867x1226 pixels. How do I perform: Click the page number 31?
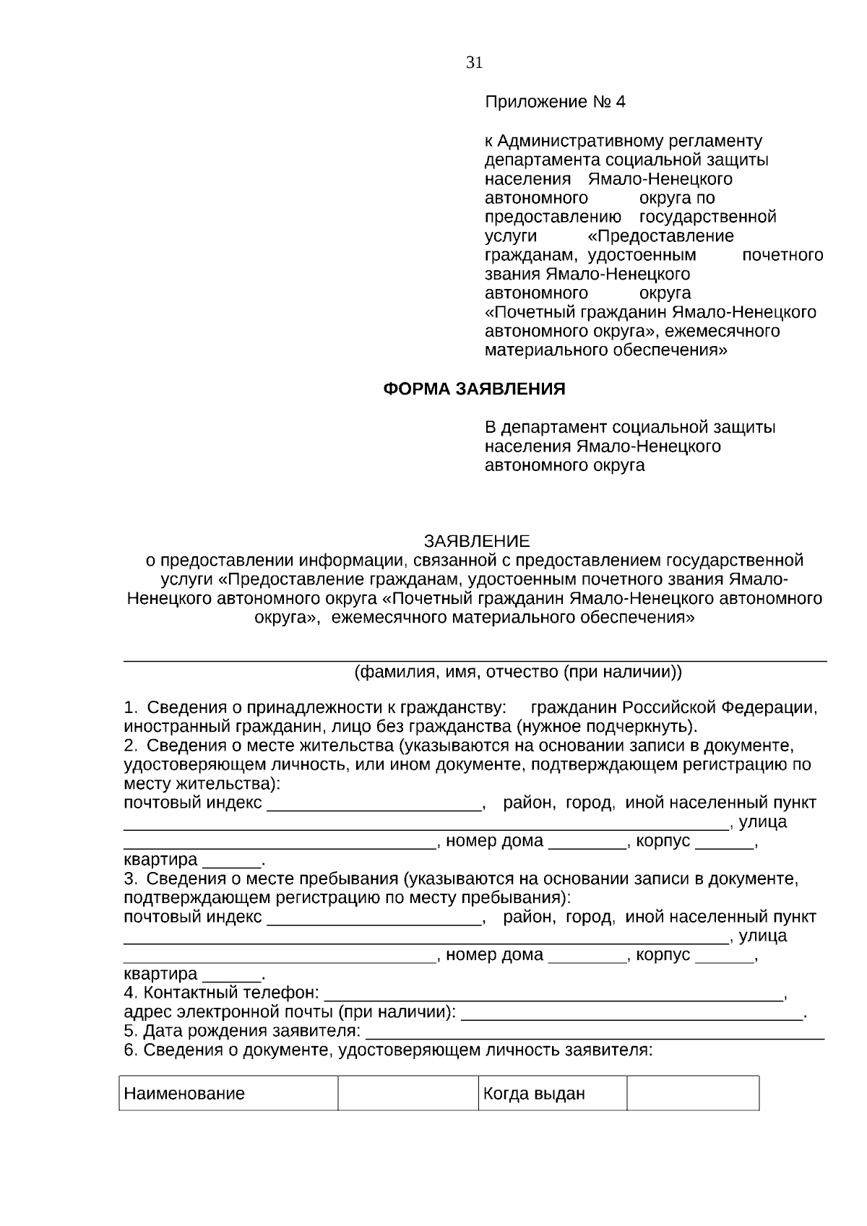(474, 63)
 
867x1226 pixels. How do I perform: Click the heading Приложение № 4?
(554, 102)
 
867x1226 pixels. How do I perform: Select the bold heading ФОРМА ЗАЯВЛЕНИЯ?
(473, 389)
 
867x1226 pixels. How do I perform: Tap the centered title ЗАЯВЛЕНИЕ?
(476, 541)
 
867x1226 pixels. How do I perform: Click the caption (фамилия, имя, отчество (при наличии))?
(517, 673)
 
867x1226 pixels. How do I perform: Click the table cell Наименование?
(184, 1093)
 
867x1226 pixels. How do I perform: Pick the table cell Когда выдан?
(534, 1093)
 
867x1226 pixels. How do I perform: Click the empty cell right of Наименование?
(407, 1093)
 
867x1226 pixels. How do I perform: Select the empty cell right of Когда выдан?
(692, 1093)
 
